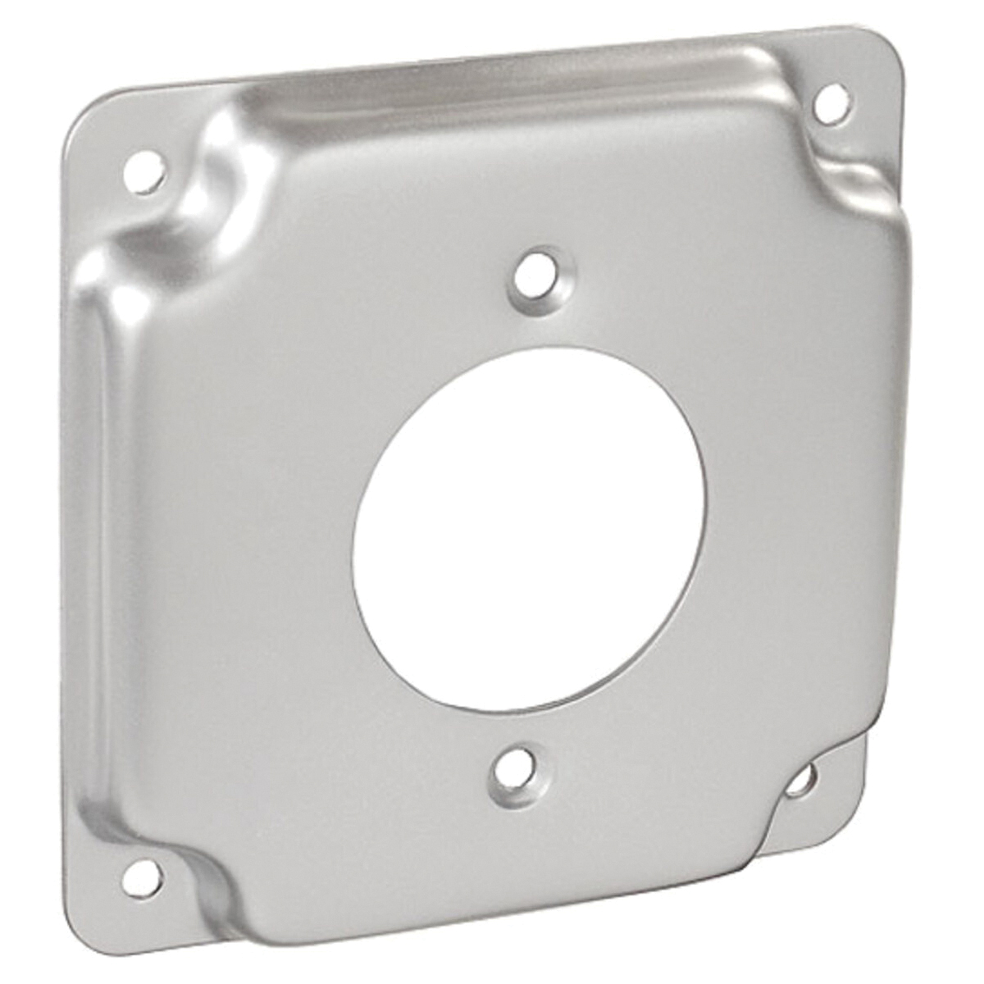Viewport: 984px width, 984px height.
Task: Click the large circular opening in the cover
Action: point(529,529)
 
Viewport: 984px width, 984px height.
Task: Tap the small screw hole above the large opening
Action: point(537,279)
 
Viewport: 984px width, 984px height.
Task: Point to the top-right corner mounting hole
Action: point(831,104)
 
